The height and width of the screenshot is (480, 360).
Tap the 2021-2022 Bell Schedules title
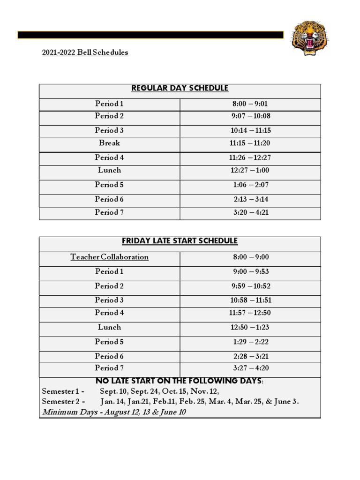coord(85,52)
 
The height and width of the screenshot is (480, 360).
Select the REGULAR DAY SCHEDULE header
coord(180,88)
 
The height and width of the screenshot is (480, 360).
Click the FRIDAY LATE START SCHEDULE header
coord(180,241)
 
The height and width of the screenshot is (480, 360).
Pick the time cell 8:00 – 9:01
coord(250,104)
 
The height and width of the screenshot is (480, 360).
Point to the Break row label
coord(109,143)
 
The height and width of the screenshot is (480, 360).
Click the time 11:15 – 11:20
coord(250,143)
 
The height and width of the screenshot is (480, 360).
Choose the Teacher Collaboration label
coord(109,257)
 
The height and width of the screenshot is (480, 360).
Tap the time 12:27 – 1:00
coord(250,171)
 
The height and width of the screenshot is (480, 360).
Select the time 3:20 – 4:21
coord(250,213)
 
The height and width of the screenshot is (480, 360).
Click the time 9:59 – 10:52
coord(250,286)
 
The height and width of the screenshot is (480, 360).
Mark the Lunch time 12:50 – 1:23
coord(250,328)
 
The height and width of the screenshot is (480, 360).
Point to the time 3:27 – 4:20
coord(250,368)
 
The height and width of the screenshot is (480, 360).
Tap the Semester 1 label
coord(63,391)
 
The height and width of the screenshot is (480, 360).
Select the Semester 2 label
coord(63,402)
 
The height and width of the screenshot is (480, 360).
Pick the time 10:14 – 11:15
coord(250,131)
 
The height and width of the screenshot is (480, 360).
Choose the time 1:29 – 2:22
coord(250,342)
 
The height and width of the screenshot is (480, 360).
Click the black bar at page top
coord(150,35)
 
